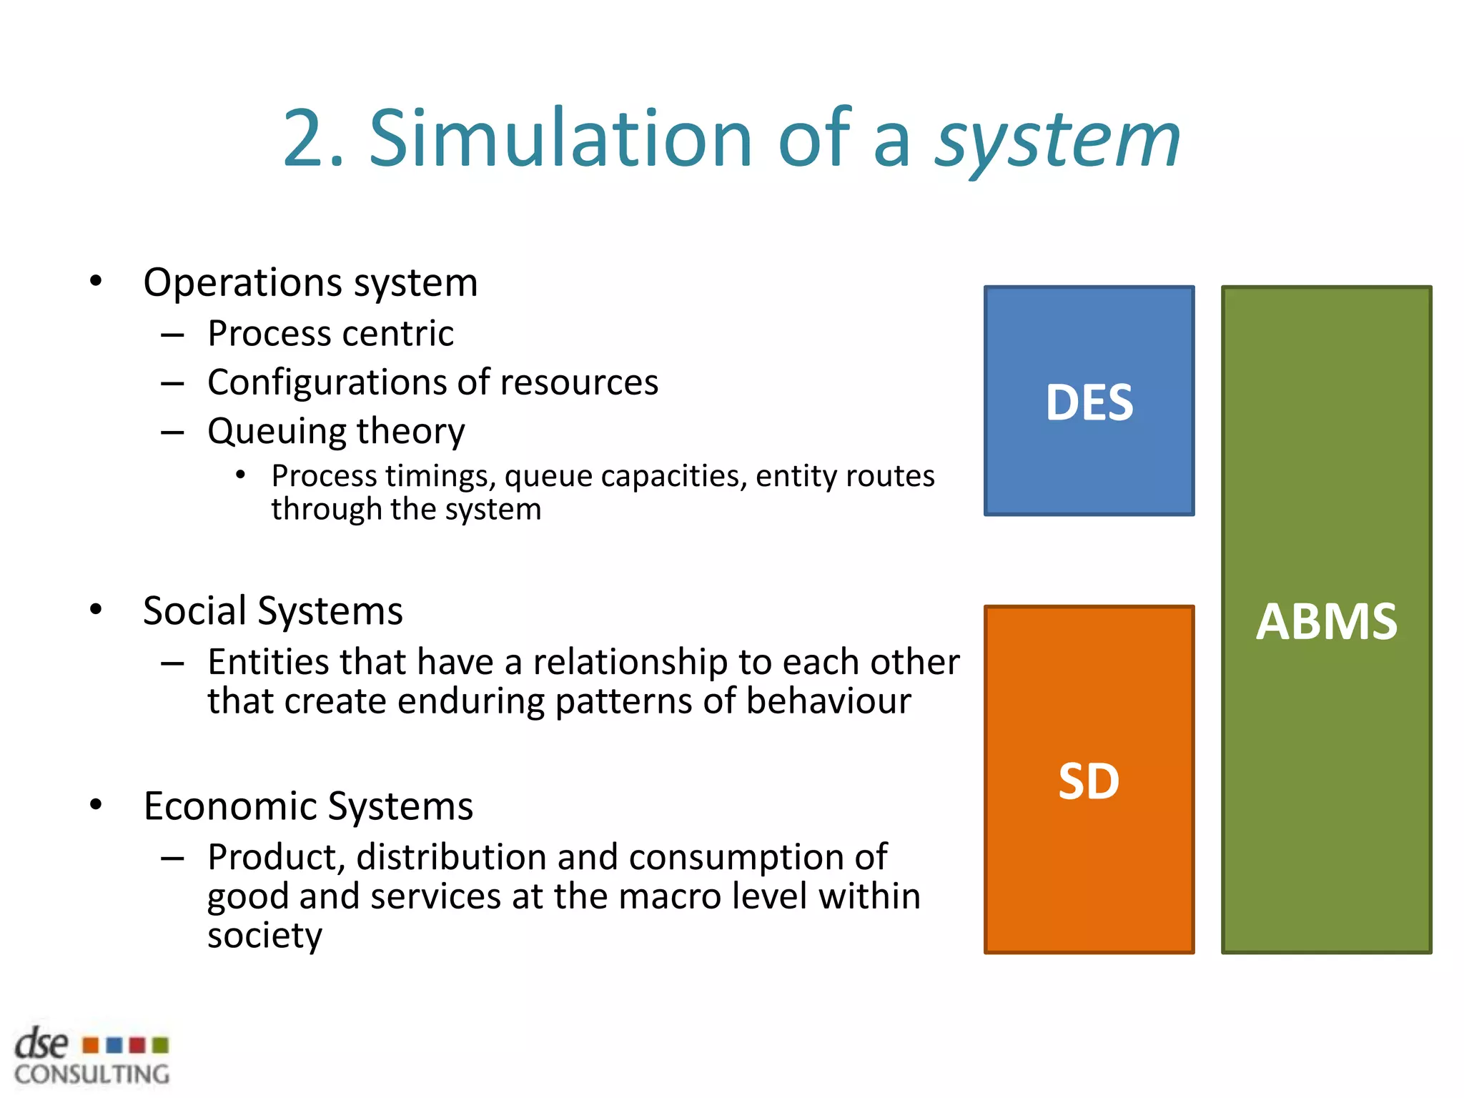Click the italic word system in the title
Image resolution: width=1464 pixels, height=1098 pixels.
(x=1058, y=141)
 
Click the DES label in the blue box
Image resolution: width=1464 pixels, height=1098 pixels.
(x=1089, y=402)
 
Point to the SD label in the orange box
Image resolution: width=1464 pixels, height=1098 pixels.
(x=1089, y=781)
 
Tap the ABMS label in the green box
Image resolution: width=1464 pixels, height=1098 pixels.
(x=1326, y=621)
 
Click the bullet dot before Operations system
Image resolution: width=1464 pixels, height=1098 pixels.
(x=97, y=281)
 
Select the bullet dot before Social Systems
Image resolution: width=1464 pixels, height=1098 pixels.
(x=97, y=610)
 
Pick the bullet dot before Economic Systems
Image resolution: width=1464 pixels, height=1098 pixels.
(x=97, y=805)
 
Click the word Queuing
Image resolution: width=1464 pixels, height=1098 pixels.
(x=277, y=432)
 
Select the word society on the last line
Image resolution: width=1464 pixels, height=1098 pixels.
(x=264, y=936)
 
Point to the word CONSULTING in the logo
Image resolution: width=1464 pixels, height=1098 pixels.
(x=91, y=1074)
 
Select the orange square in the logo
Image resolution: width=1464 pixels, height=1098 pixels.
(x=90, y=1046)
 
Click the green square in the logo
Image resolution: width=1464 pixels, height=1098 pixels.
(x=161, y=1046)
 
